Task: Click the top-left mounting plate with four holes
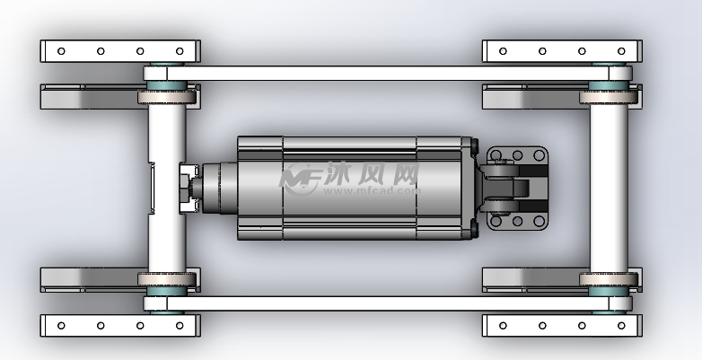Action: point(120,51)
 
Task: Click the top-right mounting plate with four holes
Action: point(562,51)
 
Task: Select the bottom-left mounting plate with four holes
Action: point(120,326)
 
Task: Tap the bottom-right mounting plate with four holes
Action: point(562,326)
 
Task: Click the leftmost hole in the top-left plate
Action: point(61,51)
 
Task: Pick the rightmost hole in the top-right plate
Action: point(621,51)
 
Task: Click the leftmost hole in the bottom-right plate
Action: point(503,326)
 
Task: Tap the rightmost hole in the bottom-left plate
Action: point(180,326)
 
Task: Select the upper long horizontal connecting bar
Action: point(388,74)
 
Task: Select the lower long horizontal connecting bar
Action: point(388,303)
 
